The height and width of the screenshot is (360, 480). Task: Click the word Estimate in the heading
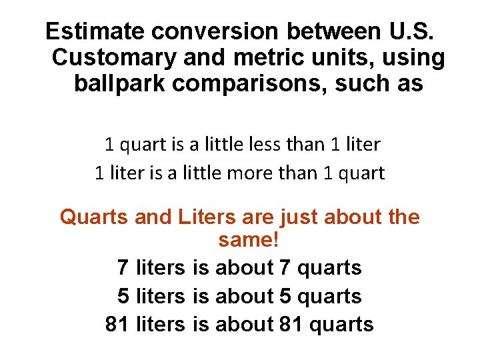pyautogui.click(x=95, y=31)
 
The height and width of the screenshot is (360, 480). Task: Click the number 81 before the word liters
pyautogui.click(x=117, y=325)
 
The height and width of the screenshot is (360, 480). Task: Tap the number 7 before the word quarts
pyautogui.click(x=285, y=268)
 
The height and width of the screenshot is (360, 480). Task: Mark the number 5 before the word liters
pyautogui.click(x=123, y=296)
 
